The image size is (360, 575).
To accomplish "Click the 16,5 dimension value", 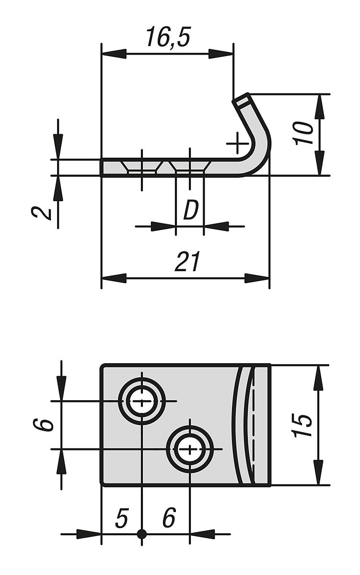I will coord(168,37).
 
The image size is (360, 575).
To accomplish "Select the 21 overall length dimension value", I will coord(187,262).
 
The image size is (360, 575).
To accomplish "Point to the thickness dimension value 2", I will coord(45,211).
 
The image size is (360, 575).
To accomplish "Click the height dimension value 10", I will coord(304,133).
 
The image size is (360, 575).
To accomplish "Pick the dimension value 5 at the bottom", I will coord(122,518).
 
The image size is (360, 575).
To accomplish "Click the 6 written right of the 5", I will coord(169,518).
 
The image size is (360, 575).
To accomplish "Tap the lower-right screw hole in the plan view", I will coord(190,449).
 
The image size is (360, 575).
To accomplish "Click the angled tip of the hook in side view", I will coord(242,100).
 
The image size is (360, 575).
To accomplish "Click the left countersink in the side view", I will coord(142,167).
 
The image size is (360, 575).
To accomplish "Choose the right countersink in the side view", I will coord(190,167).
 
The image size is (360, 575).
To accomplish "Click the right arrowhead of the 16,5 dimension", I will coord(221,54).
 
